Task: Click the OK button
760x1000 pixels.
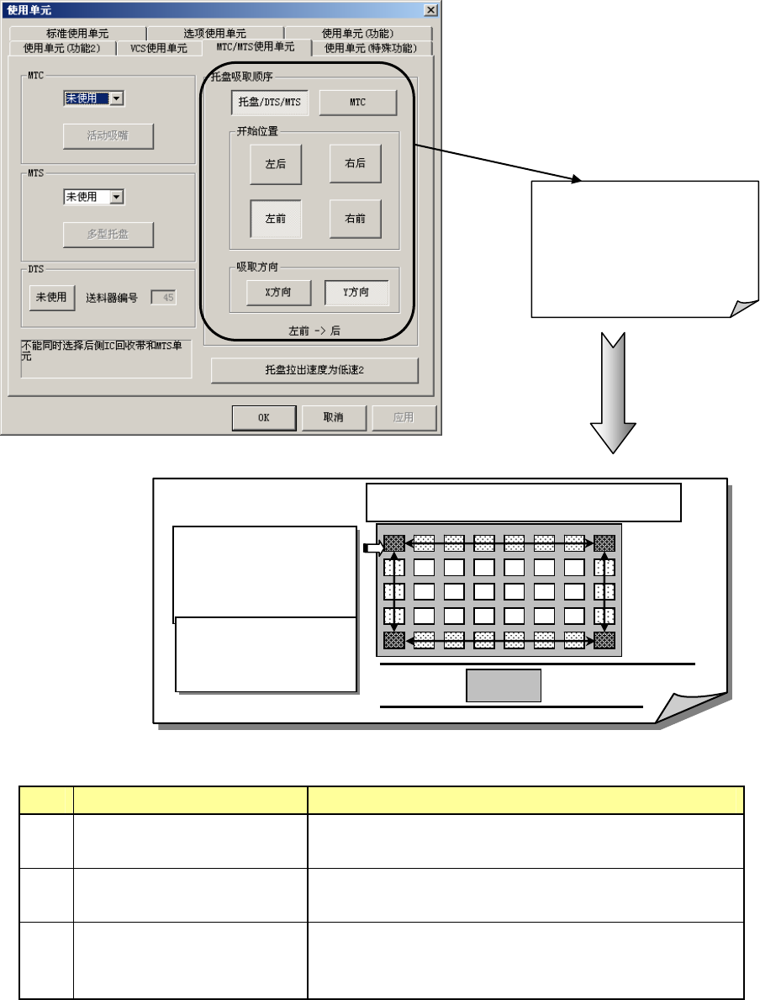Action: [264, 417]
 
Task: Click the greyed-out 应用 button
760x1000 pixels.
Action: [405, 417]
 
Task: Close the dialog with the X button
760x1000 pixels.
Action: [430, 9]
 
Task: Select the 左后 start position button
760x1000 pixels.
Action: [276, 164]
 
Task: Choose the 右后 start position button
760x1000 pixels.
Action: [355, 164]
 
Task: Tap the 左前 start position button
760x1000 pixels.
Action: [276, 219]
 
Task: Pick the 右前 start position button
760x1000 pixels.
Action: [355, 219]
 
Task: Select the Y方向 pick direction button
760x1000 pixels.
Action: [356, 293]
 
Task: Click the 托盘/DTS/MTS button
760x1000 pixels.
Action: [270, 103]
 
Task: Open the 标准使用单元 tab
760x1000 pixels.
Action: [77, 34]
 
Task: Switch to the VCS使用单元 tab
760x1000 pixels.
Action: [159, 48]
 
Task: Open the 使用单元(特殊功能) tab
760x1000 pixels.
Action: [371, 48]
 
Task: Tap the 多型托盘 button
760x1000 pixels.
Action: [108, 235]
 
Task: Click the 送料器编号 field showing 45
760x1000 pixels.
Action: [163, 297]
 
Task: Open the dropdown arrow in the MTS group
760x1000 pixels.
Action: [117, 197]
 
